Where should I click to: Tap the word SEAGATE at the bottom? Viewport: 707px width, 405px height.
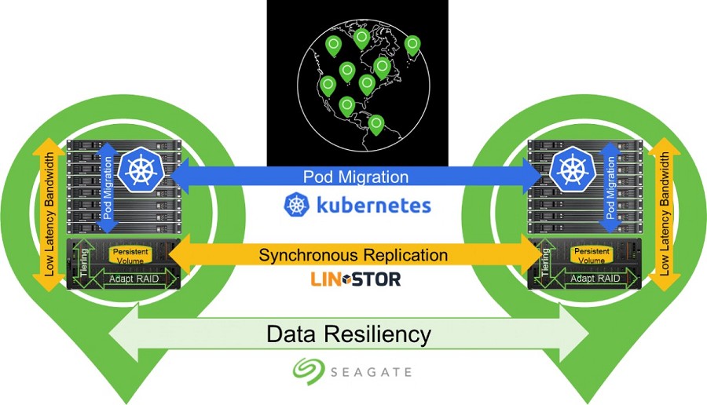(x=371, y=372)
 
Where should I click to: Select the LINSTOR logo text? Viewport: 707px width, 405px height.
(x=355, y=279)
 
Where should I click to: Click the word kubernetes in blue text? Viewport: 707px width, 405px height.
(x=374, y=206)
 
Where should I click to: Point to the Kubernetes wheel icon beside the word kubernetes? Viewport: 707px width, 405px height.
(x=297, y=205)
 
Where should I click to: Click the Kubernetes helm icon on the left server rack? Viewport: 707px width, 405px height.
(x=141, y=170)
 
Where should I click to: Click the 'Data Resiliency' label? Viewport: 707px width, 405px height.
(x=349, y=334)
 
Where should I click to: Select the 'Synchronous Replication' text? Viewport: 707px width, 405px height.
(x=353, y=255)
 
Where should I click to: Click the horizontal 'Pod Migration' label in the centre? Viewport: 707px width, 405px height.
(x=356, y=177)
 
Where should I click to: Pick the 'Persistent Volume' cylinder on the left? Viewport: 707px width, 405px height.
(x=130, y=256)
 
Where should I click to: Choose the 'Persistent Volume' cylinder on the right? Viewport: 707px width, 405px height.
(x=592, y=255)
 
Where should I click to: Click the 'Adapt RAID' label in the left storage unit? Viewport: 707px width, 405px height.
(x=134, y=279)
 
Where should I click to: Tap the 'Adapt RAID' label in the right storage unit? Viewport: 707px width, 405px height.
(x=595, y=279)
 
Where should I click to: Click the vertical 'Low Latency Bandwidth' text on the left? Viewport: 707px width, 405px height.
(x=49, y=214)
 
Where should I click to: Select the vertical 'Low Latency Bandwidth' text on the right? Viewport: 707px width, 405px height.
(x=664, y=214)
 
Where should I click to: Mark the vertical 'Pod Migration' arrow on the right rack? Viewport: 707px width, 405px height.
(x=610, y=188)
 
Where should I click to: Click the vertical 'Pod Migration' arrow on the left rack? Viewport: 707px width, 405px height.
(x=108, y=188)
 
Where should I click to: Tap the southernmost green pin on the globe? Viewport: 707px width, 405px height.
(x=376, y=126)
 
